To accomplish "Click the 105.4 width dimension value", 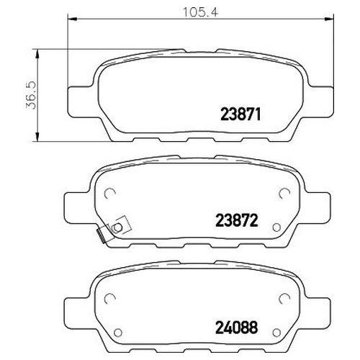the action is tap(200, 12).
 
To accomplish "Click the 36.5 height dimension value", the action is tap(31, 95).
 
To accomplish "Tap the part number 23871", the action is tap(240, 114).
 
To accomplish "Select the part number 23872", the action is tap(237, 220).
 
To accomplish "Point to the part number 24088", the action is tap(237, 328).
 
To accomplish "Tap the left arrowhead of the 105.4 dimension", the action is tap(72, 19).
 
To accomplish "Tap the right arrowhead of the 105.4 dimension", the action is tap(329, 19).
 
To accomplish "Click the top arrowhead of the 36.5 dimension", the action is tap(37, 54).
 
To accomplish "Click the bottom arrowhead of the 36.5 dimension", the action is tap(37, 138).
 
